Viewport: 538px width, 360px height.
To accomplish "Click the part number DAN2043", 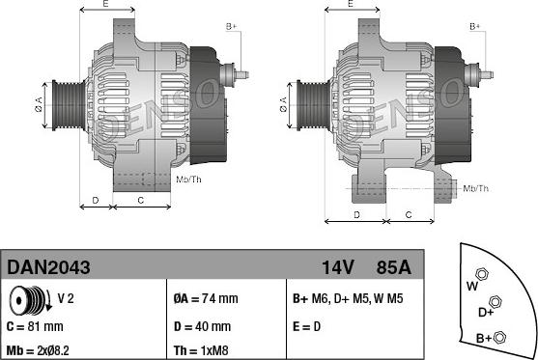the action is pyautogui.click(x=48, y=267).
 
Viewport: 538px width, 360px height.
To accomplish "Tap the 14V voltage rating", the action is pyautogui.click(x=338, y=267).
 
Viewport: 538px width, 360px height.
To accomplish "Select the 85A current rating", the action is pyautogui.click(x=393, y=267).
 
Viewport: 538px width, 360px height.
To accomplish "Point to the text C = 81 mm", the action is pyautogui.click(x=35, y=326).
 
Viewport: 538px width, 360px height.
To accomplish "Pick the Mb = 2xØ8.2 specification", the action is pyautogui.click(x=38, y=350).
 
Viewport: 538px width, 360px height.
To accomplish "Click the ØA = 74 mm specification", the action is pyautogui.click(x=206, y=298).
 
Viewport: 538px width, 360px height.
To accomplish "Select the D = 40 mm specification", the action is pyautogui.click(x=202, y=326).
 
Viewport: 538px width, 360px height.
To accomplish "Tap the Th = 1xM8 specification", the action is pyautogui.click(x=201, y=350).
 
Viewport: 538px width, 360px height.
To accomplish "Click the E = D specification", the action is pyautogui.click(x=307, y=326).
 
